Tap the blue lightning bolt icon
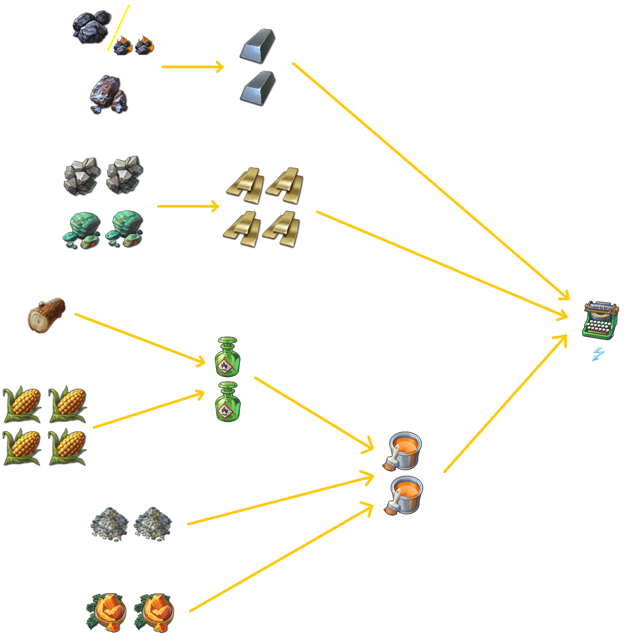(598, 354)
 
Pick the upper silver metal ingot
(258, 46)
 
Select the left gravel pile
(109, 524)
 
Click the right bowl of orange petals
(154, 613)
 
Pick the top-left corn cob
(22, 404)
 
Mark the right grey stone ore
(125, 175)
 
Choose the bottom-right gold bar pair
(281, 229)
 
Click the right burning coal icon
(145, 45)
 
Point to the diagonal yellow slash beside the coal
(118, 28)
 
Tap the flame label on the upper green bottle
(225, 366)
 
